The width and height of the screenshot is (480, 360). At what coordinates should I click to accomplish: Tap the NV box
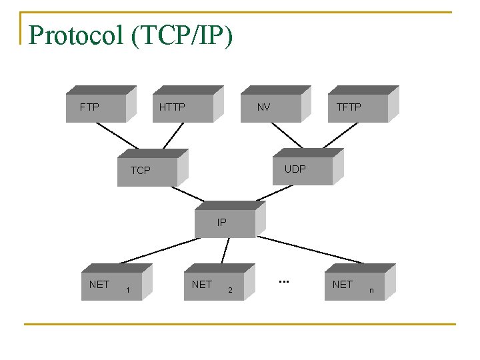click(269, 107)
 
